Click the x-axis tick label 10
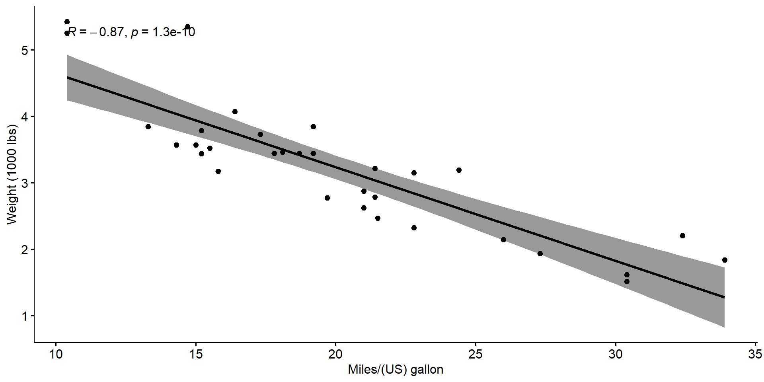(x=56, y=355)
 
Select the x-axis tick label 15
(x=196, y=355)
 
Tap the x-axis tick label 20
(x=336, y=355)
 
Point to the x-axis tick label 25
(x=476, y=355)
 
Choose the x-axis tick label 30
(x=616, y=355)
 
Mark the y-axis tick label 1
(x=25, y=316)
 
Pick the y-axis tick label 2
(x=25, y=249)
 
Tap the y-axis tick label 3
(x=25, y=183)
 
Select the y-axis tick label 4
(x=25, y=117)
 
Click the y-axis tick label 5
(x=25, y=50)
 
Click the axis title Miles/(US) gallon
(x=396, y=370)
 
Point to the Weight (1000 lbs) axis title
(x=12, y=175)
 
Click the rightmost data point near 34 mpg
(x=725, y=260)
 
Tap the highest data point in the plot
(x=67, y=22)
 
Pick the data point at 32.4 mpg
(x=682, y=236)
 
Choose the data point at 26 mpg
(x=503, y=240)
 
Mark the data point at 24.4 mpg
(x=459, y=170)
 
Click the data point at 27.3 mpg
(x=540, y=254)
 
